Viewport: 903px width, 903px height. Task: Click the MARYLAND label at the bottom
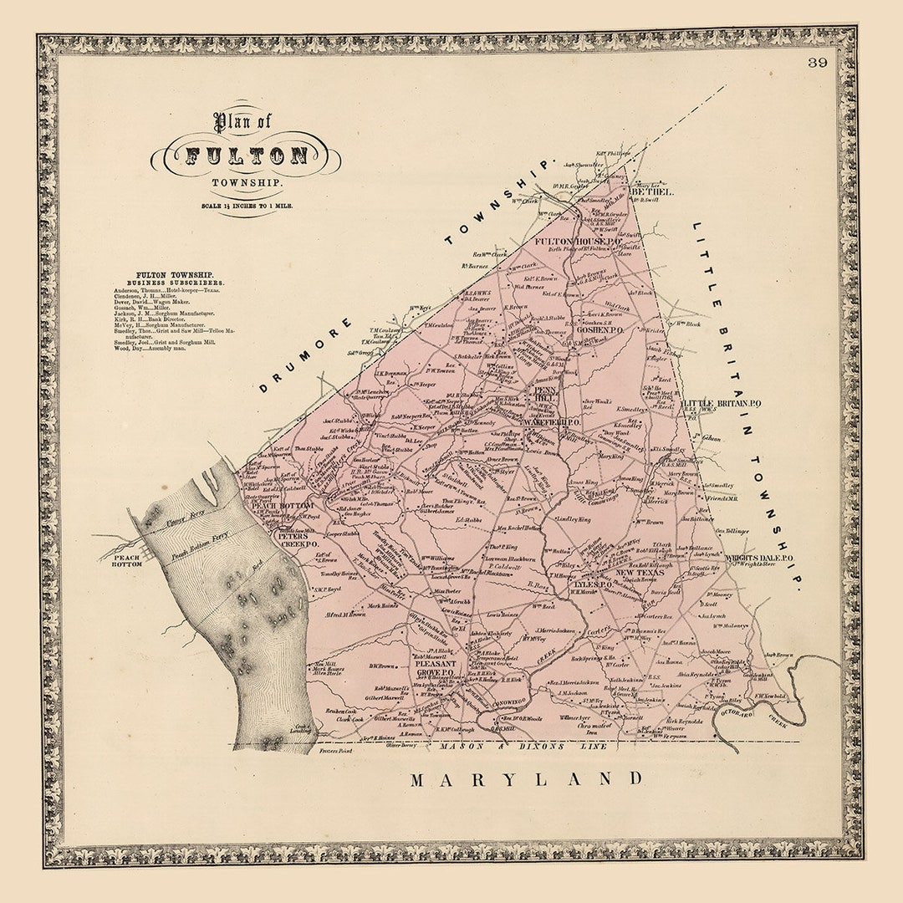[528, 779]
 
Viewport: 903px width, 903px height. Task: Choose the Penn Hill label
[546, 394]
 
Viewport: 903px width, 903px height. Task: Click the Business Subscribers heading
[175, 282]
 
